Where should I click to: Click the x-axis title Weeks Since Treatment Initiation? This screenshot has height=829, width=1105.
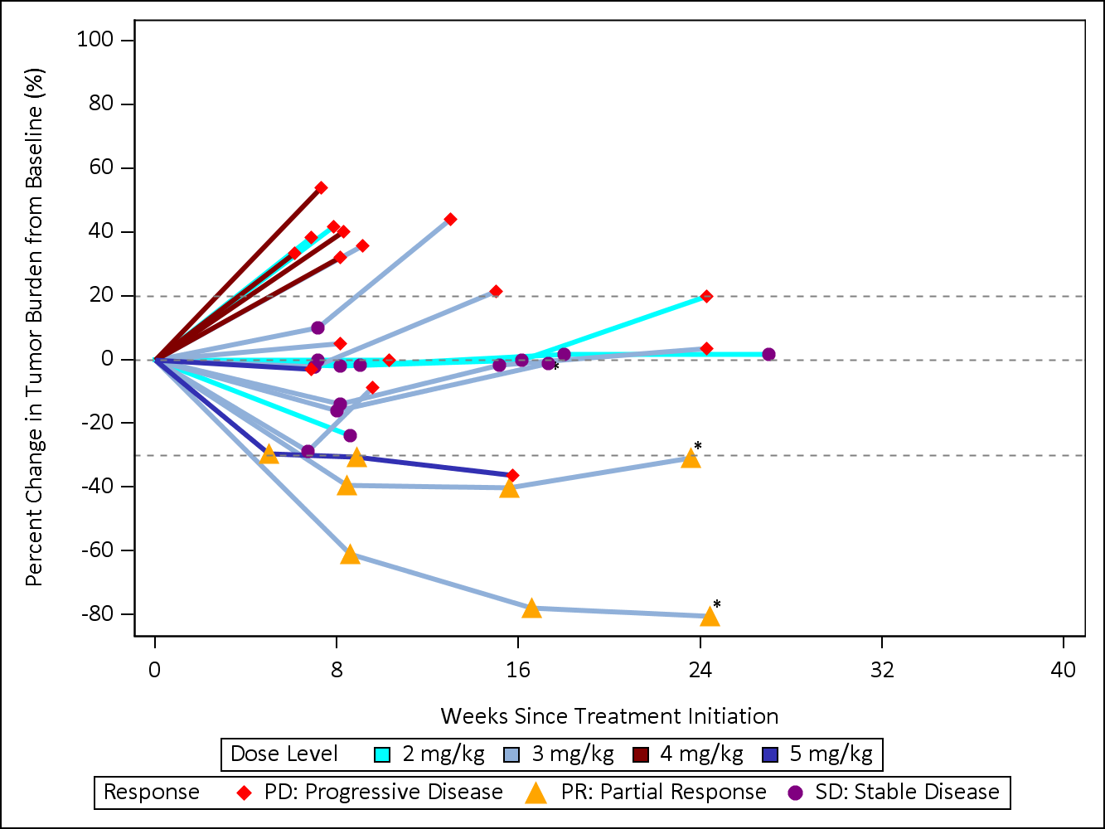[x=609, y=716]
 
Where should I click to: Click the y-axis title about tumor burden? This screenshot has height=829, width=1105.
[x=34, y=327]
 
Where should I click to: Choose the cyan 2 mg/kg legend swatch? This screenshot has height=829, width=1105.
[x=383, y=754]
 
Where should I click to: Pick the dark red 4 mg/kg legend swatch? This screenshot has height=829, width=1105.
[x=641, y=754]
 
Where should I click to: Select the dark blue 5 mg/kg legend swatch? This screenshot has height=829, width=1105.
[x=770, y=754]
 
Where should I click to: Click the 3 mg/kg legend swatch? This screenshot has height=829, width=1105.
[x=511, y=754]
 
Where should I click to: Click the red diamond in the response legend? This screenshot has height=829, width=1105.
[x=245, y=793]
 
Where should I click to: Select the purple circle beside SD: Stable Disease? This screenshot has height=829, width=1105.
[x=795, y=793]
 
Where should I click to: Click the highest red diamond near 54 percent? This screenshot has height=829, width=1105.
[x=321, y=188]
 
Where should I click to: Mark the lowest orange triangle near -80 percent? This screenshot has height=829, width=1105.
[x=710, y=616]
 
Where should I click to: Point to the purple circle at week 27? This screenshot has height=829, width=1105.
[x=768, y=355]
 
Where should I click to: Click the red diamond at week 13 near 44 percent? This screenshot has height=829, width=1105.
[x=450, y=220]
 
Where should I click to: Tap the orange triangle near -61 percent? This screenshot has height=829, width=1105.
[x=350, y=555]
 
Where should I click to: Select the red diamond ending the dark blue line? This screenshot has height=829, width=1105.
[x=512, y=476]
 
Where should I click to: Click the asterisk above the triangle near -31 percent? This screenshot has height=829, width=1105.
[x=698, y=447]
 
